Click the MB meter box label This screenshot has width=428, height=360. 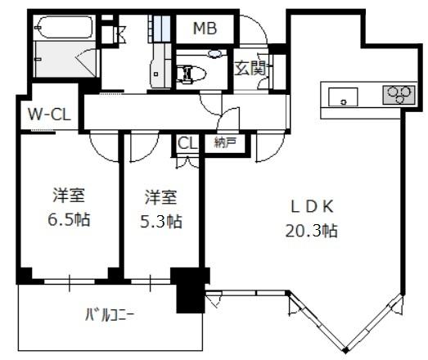click(205, 29)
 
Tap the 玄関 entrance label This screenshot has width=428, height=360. click(250, 68)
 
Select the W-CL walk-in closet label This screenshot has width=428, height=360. click(49, 115)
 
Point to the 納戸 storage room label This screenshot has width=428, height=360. click(225, 142)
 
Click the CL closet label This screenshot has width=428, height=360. click(187, 143)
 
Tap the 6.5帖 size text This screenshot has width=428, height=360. click(69, 219)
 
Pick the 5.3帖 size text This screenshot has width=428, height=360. click(161, 221)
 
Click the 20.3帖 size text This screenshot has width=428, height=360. click(312, 231)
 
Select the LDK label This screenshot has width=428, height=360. click(312, 206)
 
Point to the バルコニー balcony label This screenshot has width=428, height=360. click(110, 315)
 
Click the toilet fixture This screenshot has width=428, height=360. click(191, 74)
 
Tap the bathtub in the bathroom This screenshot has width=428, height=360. click(65, 27)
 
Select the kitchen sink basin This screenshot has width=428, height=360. click(343, 97)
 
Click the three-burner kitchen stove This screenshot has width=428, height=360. click(399, 95)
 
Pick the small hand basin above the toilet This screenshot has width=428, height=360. click(215, 54)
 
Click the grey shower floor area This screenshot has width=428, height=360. click(65, 59)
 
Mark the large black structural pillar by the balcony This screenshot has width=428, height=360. click(191, 290)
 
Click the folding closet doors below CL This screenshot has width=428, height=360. click(187, 161)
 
